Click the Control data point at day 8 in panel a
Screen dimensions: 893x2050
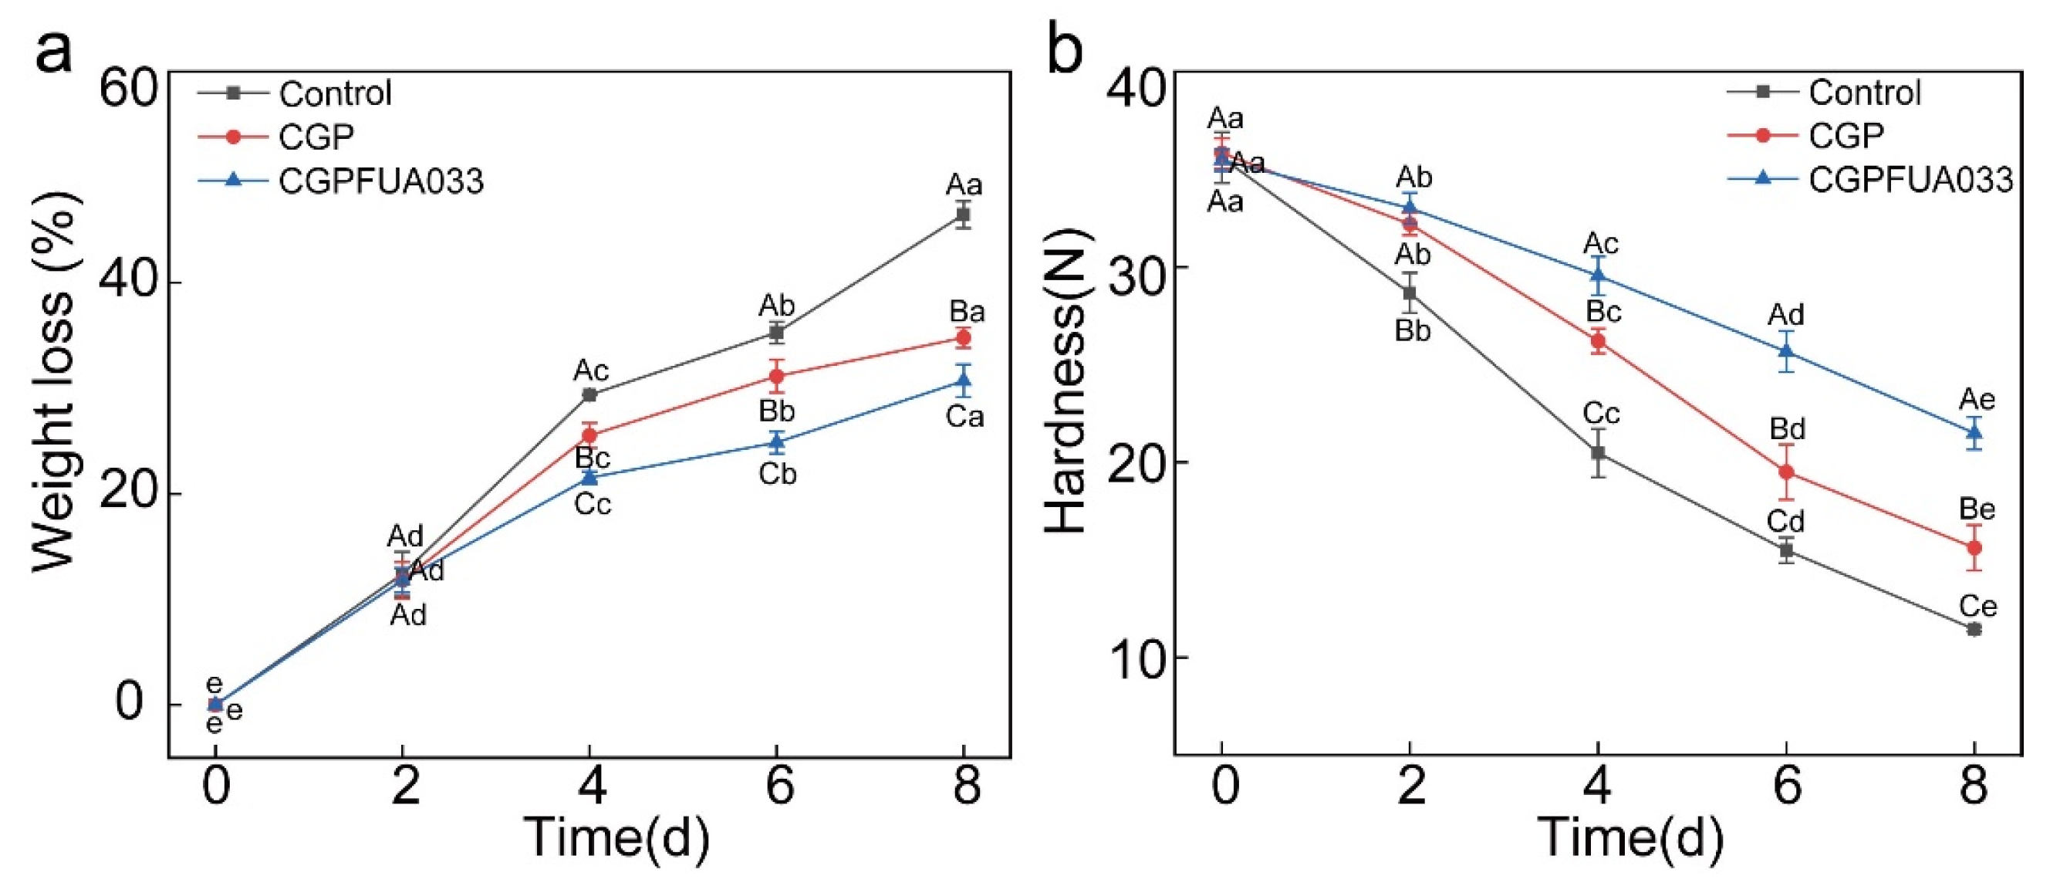963,214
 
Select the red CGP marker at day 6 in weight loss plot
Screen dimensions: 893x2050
777,376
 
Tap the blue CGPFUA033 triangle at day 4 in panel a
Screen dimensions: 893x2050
589,477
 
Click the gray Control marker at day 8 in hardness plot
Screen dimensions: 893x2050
1974,630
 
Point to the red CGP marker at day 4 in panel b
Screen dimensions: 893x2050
1598,341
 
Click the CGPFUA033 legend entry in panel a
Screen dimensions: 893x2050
380,181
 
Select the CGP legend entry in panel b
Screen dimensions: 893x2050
1846,136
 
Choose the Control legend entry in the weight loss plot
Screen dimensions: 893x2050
335,93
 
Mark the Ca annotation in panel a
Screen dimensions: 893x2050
964,416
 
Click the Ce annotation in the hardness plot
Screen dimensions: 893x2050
1977,607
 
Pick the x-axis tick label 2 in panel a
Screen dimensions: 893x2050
404,786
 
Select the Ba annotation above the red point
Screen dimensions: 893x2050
967,311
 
